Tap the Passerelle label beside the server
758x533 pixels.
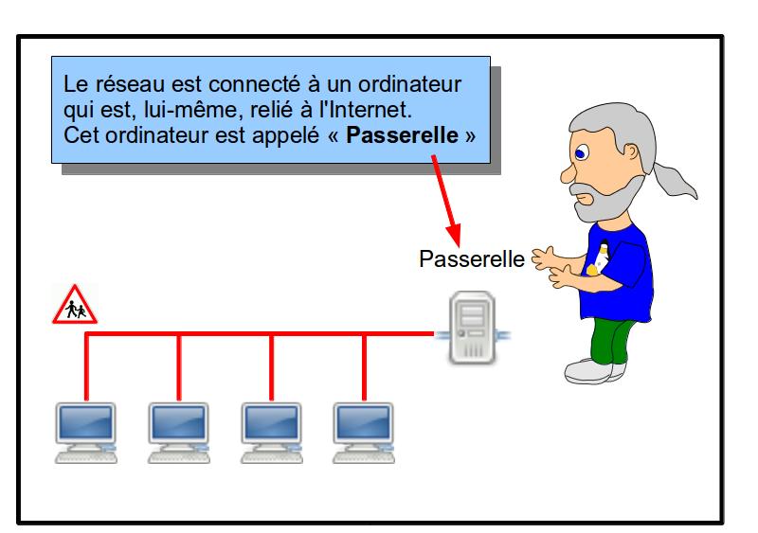(x=471, y=258)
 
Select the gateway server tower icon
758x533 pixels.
(x=472, y=327)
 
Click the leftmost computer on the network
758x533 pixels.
(x=85, y=432)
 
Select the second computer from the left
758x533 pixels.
(x=178, y=432)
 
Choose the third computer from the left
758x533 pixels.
(x=271, y=432)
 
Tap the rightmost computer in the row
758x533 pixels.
(x=364, y=432)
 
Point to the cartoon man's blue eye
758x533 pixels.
(x=580, y=150)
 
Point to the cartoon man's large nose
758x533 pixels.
(x=564, y=173)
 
